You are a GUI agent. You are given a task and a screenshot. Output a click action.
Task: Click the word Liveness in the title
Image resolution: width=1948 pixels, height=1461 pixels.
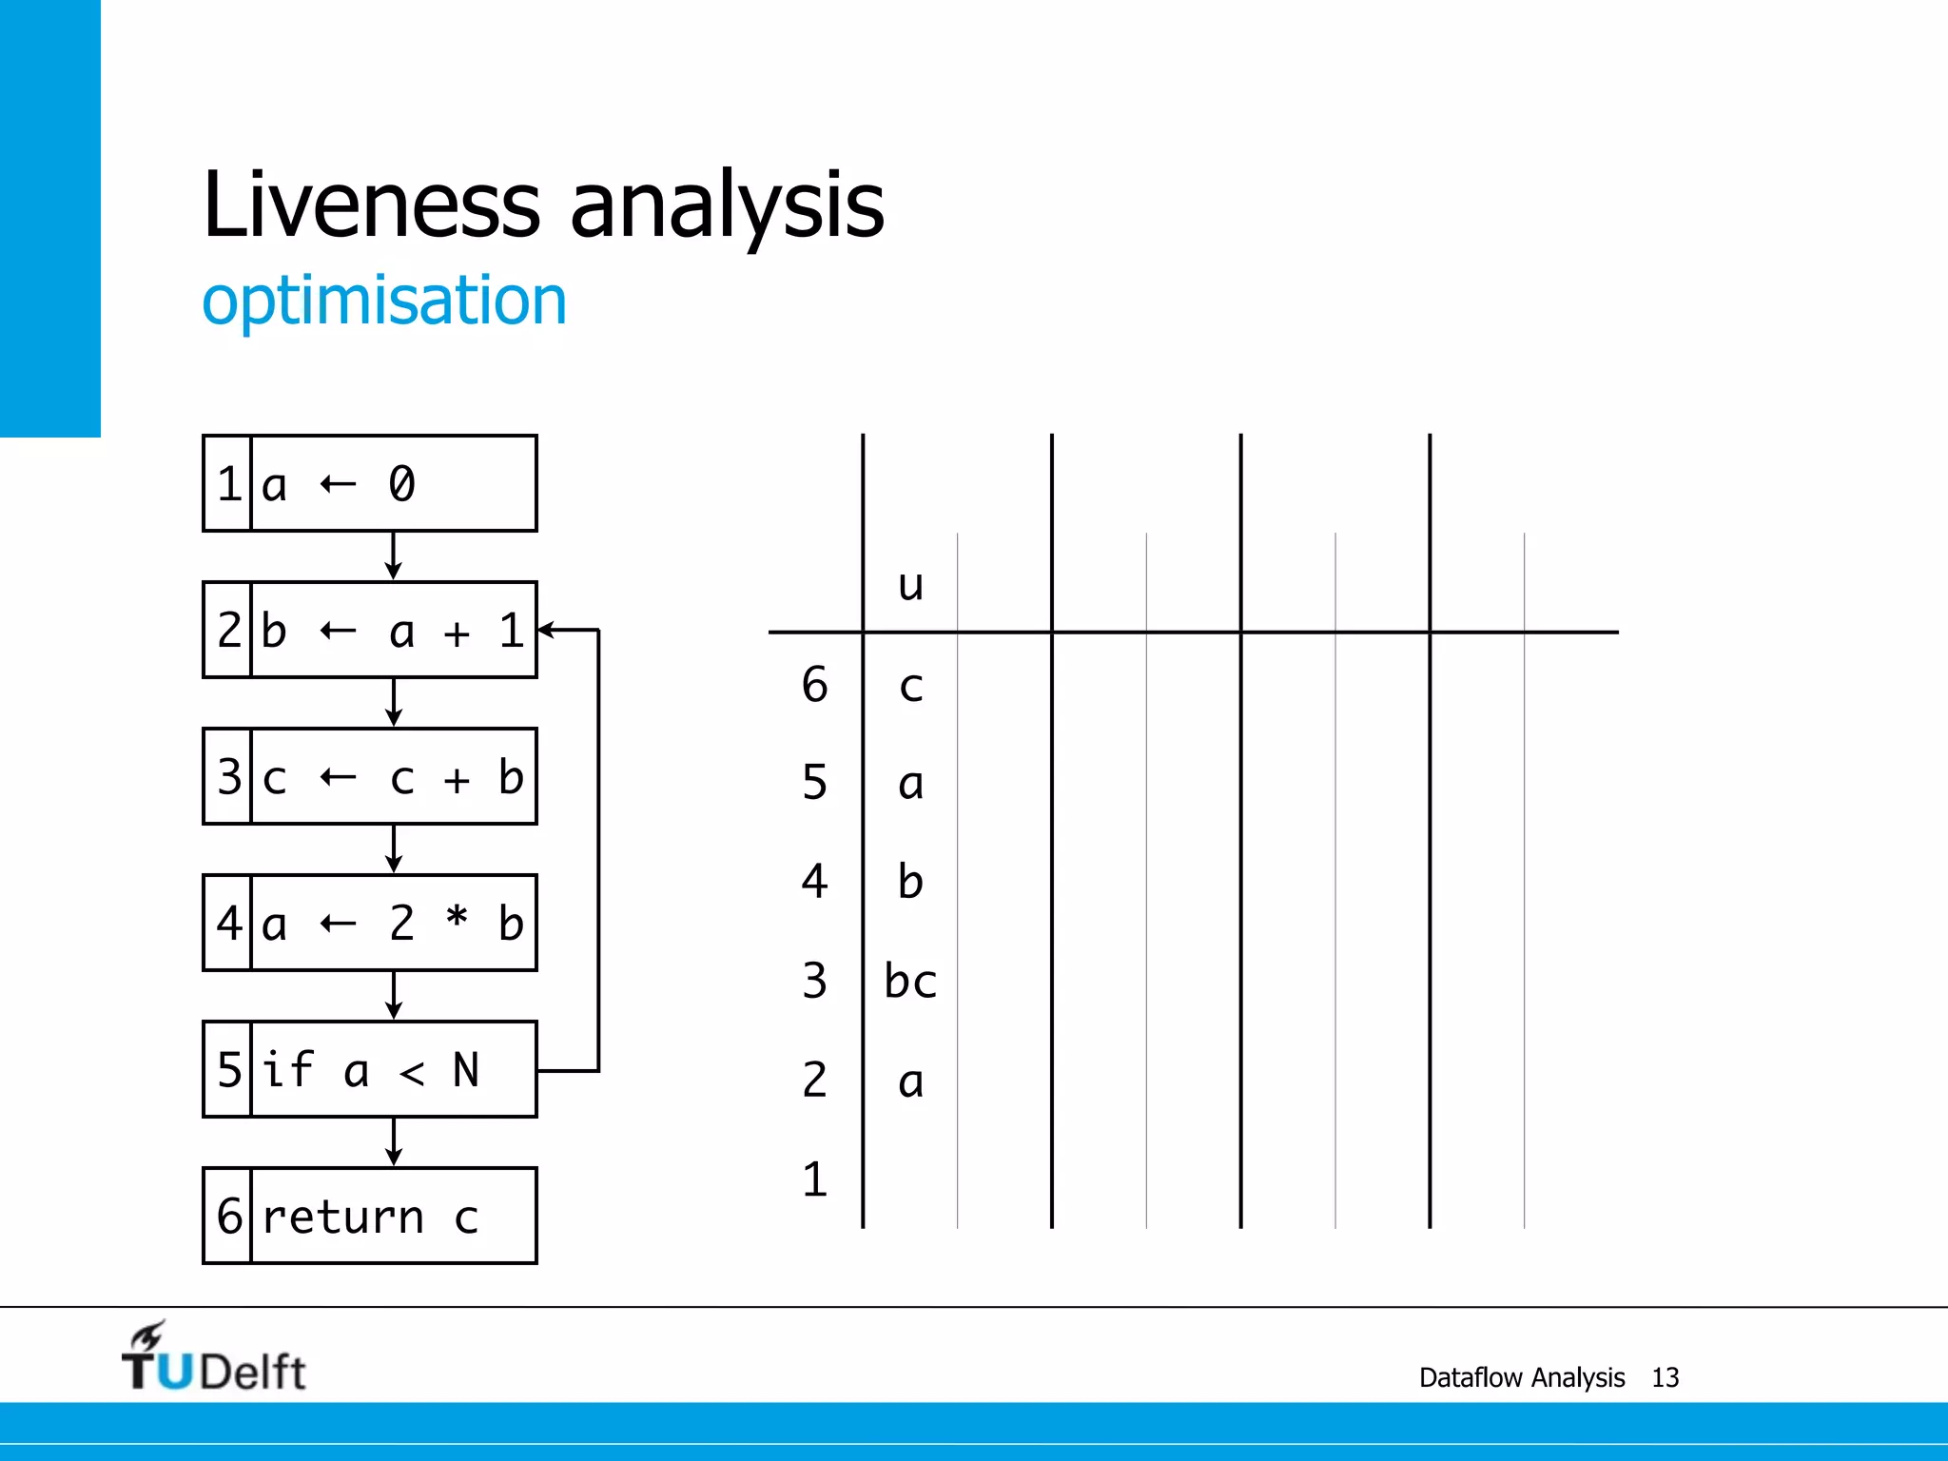click(x=372, y=205)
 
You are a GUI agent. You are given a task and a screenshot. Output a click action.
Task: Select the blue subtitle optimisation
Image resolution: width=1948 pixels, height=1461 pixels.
click(x=384, y=301)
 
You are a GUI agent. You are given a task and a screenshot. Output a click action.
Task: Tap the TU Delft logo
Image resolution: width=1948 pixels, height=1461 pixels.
click(x=213, y=1358)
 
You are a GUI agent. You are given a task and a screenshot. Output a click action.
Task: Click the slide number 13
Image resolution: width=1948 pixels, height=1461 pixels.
click(x=1665, y=1377)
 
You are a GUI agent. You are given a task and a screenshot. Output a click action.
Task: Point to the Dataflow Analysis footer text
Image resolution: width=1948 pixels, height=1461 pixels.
click(x=1521, y=1377)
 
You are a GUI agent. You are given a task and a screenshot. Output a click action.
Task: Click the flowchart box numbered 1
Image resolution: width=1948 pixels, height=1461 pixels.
click(x=370, y=483)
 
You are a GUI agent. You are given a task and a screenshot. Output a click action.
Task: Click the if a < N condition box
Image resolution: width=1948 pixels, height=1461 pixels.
click(x=370, y=1070)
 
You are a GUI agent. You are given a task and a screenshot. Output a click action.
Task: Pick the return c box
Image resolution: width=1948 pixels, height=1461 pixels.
click(x=370, y=1217)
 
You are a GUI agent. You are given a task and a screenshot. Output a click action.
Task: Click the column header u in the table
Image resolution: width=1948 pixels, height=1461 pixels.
click(x=910, y=584)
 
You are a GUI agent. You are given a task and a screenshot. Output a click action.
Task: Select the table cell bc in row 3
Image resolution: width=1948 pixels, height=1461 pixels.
click(x=910, y=981)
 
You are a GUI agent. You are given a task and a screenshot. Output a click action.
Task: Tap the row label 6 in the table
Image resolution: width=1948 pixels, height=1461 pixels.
click(x=814, y=685)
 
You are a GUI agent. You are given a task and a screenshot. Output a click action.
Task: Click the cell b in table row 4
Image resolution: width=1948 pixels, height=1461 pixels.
click(x=910, y=881)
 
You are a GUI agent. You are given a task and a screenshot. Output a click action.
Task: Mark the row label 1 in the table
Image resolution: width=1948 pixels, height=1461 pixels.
click(x=814, y=1179)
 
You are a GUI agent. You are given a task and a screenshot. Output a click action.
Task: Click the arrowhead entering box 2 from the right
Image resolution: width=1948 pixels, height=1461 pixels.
click(x=546, y=630)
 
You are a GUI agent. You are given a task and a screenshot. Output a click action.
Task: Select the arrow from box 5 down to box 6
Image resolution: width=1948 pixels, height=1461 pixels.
click(x=394, y=1141)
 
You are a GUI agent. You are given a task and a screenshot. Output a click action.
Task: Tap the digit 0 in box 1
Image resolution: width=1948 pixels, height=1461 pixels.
click(x=401, y=484)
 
